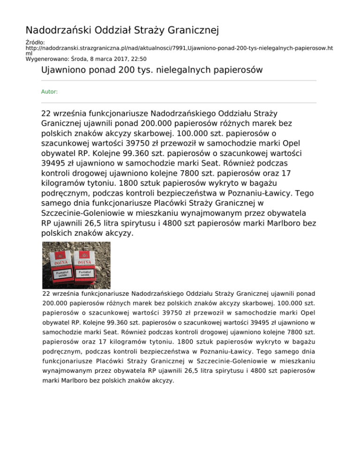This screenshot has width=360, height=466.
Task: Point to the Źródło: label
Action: pos(36,43)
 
